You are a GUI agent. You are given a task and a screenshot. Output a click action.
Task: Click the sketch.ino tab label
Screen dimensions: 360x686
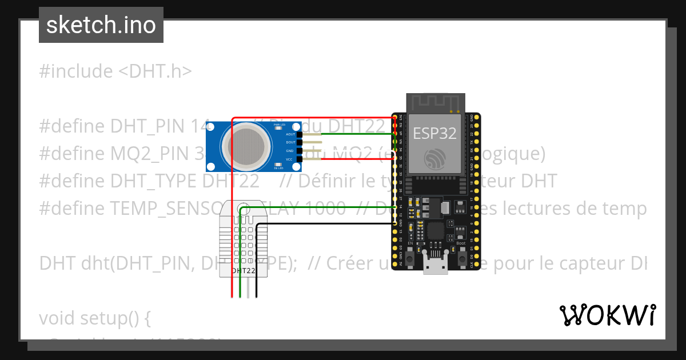[x=101, y=25]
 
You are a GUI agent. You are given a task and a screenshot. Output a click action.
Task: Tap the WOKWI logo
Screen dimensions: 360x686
[x=607, y=315]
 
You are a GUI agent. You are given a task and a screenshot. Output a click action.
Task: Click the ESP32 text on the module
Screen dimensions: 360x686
[x=435, y=133]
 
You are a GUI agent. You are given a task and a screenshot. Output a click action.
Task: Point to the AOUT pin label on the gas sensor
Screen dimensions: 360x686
[x=290, y=134]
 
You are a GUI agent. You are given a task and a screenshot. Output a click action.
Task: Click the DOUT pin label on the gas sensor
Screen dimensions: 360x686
[x=290, y=142]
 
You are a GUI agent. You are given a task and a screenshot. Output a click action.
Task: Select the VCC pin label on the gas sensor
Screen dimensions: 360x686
[x=290, y=159]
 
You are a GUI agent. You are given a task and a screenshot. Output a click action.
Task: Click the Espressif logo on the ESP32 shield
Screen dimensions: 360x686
[x=435, y=158]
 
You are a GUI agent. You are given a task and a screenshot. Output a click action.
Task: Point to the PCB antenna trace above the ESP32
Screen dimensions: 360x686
[x=435, y=103]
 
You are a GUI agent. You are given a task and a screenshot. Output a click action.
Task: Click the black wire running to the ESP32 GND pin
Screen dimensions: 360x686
[x=326, y=225]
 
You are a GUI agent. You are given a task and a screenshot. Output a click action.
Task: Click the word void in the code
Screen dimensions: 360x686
[x=57, y=318]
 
